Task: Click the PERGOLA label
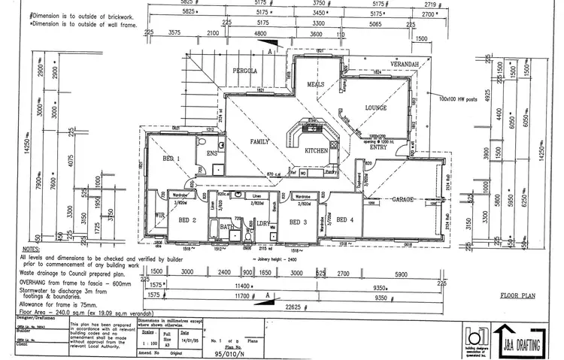click(x=245, y=71)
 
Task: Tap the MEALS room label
click(x=316, y=85)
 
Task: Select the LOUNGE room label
click(x=374, y=108)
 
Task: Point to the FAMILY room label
click(x=260, y=141)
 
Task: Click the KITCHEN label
click(x=316, y=151)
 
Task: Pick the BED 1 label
click(x=171, y=159)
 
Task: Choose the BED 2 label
click(x=187, y=219)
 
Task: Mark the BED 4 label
click(x=345, y=219)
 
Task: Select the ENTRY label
click(x=378, y=147)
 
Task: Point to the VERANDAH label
click(x=404, y=65)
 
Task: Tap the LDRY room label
click(x=263, y=223)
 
